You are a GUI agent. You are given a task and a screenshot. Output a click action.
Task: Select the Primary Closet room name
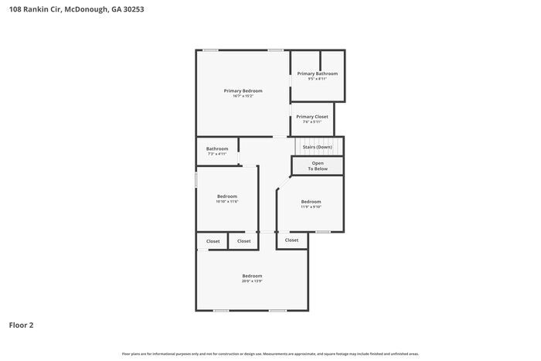coord(312,117)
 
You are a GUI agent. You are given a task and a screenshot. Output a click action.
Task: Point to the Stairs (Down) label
coord(318,147)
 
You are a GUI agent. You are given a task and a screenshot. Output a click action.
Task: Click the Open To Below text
coord(318,165)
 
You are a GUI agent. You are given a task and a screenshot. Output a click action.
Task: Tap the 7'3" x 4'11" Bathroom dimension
coord(217,154)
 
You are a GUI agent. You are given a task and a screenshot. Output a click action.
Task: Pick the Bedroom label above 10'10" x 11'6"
coord(227,196)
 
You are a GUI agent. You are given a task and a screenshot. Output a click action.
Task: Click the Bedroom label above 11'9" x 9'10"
coord(311,201)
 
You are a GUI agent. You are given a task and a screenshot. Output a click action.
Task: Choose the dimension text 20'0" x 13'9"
coord(252,281)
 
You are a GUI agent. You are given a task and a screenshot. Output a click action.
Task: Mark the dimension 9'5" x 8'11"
coord(318,79)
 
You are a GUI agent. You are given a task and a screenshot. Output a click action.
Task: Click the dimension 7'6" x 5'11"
coord(312,122)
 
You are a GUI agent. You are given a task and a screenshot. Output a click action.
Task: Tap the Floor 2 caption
coord(21,325)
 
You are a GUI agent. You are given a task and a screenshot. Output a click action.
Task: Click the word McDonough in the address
coord(80,9)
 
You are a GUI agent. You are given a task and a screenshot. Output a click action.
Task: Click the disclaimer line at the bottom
coord(270,353)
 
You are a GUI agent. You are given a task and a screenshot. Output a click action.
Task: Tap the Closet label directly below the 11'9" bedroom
coord(291,240)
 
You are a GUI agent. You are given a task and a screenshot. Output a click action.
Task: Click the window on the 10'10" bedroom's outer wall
coord(196,179)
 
